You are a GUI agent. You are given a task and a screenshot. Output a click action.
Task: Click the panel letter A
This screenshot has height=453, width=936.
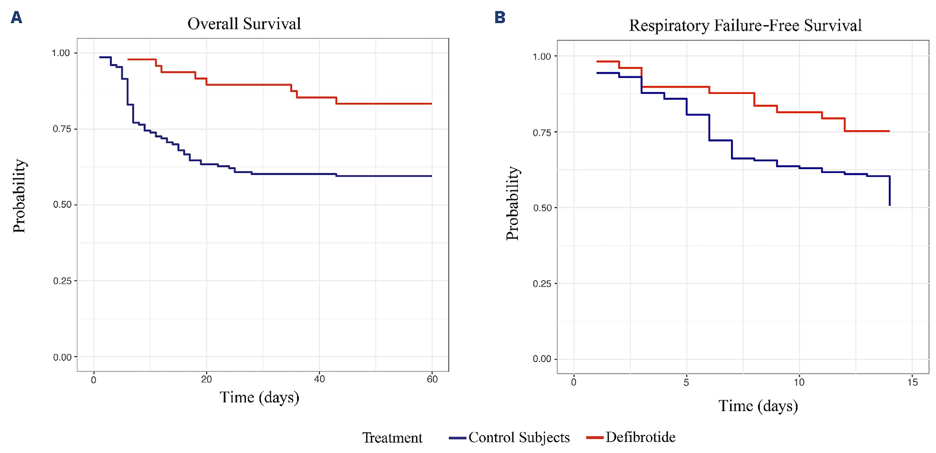[16, 17]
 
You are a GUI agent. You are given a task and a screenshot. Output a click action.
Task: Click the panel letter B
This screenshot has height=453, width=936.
[500, 17]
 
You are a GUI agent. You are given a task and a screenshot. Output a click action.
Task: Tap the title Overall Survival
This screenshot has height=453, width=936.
[244, 24]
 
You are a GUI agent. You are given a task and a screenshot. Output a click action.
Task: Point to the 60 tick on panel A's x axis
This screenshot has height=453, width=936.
[432, 379]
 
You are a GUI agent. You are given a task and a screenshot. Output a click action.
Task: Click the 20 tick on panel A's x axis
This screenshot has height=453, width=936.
[206, 379]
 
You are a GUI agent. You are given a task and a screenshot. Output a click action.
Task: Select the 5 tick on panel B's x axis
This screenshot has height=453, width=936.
[686, 382]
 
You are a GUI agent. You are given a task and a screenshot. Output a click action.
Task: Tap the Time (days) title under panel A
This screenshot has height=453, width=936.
[259, 397]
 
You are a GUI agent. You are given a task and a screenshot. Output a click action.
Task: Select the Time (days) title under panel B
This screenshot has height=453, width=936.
[758, 406]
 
